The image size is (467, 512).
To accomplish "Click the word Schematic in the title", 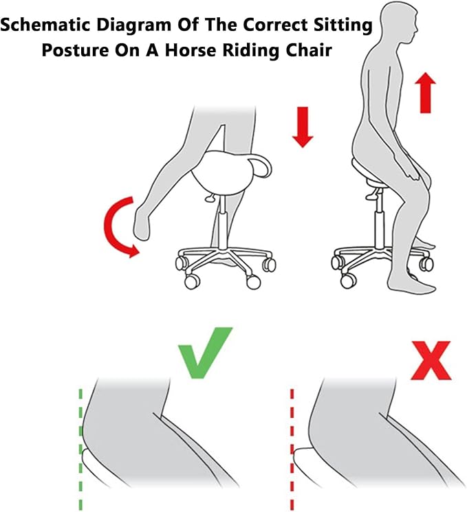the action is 45,25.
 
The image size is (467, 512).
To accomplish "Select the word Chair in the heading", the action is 309,50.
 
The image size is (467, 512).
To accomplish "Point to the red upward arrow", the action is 425,93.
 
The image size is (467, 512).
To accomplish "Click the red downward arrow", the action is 303,127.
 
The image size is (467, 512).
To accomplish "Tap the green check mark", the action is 204,353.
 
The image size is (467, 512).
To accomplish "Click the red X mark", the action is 431,361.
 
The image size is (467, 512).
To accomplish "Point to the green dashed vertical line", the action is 80,450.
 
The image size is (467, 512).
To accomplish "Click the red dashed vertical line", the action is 292,450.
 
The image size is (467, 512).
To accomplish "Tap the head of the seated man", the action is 401,22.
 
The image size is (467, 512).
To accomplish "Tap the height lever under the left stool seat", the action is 210,197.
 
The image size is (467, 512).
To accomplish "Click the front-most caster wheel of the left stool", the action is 191,282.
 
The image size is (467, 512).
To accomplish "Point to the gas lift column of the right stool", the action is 379,222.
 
